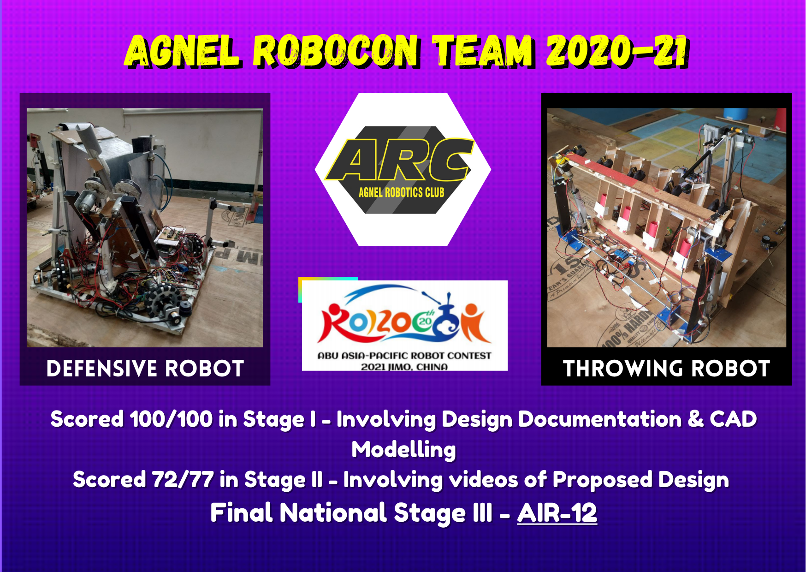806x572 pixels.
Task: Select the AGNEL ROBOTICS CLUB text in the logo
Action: [x=402, y=192]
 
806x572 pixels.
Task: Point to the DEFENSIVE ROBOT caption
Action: [x=145, y=369]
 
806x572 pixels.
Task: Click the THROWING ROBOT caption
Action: [x=667, y=369]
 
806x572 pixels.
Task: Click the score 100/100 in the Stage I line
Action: [x=171, y=419]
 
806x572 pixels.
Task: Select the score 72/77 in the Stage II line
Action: [x=183, y=479]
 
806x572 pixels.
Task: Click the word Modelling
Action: [x=404, y=450]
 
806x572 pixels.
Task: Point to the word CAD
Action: [x=733, y=419]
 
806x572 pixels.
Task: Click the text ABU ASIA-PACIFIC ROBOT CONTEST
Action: [x=404, y=356]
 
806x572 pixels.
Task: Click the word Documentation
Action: [x=600, y=419]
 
